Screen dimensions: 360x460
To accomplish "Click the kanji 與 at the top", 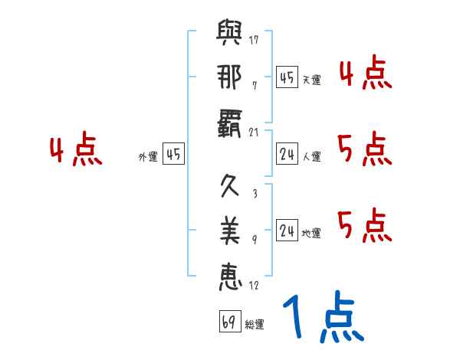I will point(229,35).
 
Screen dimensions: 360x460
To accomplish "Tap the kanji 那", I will point(229,77).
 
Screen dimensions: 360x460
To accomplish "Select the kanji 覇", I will point(229,123).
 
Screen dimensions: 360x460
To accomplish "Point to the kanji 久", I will point(229,187).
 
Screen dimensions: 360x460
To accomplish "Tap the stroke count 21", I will point(254,131).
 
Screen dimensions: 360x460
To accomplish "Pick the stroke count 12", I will point(254,286).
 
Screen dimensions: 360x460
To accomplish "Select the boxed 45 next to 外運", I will point(173,155).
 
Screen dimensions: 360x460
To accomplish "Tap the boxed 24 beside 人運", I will point(287,155).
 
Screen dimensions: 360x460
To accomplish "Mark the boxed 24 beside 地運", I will point(287,231).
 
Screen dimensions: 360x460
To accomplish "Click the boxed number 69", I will point(228,322).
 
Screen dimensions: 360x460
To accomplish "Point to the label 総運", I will point(255,325).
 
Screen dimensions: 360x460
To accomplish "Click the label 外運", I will point(147,157).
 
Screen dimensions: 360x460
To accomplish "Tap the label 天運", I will point(312,80).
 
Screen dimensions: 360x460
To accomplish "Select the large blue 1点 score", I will point(322,318).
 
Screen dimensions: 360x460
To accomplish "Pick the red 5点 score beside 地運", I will point(364,226).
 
